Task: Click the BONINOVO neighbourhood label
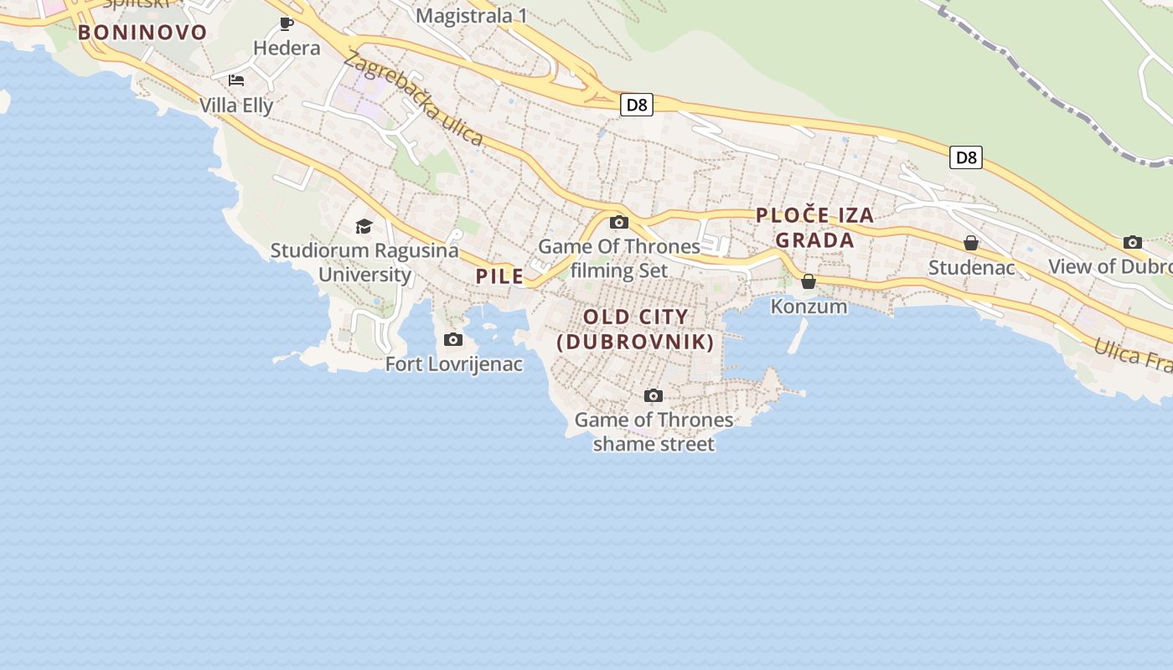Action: [142, 33]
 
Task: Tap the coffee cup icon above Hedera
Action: [287, 23]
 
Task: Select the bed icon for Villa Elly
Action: [236, 80]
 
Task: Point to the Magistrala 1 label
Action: [472, 15]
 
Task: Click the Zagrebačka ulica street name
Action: [413, 98]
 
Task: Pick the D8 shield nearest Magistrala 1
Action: [637, 105]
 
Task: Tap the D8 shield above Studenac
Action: [965, 157]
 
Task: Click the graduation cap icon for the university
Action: [364, 226]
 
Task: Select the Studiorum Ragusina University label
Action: [364, 262]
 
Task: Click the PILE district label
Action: [500, 276]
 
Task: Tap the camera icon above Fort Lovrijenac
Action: [453, 339]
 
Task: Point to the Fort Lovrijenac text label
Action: [454, 364]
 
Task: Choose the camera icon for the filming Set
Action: [619, 222]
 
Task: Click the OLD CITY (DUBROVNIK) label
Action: [636, 329]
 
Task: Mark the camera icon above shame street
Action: [654, 395]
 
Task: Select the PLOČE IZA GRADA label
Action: [815, 228]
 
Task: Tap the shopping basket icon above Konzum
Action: [809, 281]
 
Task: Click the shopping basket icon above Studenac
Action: [971, 243]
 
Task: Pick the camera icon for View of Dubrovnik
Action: [1133, 242]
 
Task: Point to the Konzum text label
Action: [809, 307]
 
